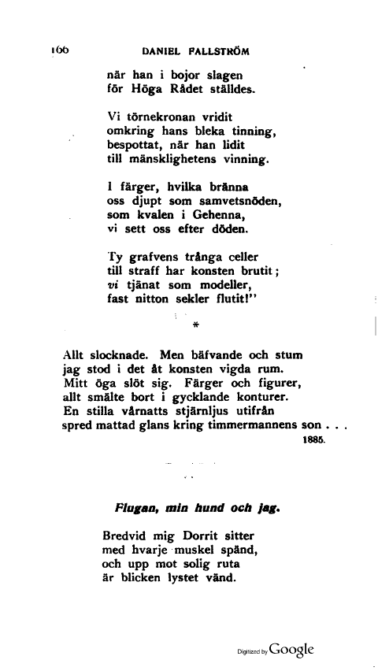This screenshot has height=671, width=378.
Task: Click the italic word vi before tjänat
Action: point(112,285)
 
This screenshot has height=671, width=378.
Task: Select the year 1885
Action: point(313,442)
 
